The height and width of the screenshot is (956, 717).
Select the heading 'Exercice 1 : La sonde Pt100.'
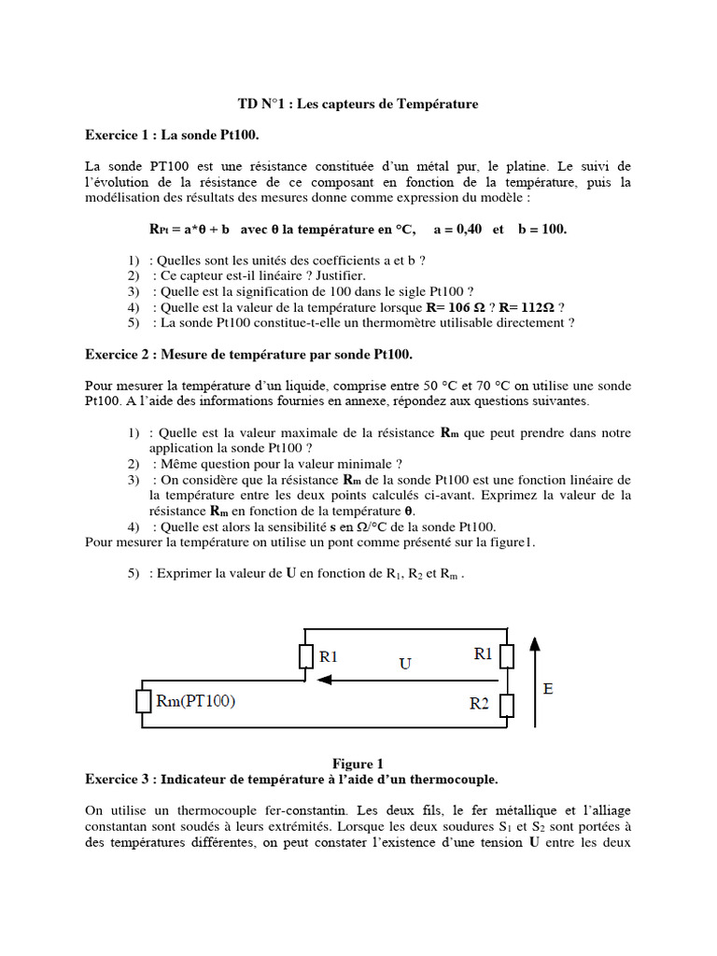172,135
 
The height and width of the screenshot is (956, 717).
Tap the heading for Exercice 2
248,355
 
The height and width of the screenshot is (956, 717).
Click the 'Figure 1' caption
358,763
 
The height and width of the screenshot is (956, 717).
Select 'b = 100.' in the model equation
541,230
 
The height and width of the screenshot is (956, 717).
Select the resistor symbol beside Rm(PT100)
143,705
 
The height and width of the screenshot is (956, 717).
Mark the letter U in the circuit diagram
405,664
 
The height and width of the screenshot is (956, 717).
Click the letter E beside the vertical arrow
548,690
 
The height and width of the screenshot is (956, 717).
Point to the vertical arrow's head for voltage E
534,643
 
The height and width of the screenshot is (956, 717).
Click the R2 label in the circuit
479,705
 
